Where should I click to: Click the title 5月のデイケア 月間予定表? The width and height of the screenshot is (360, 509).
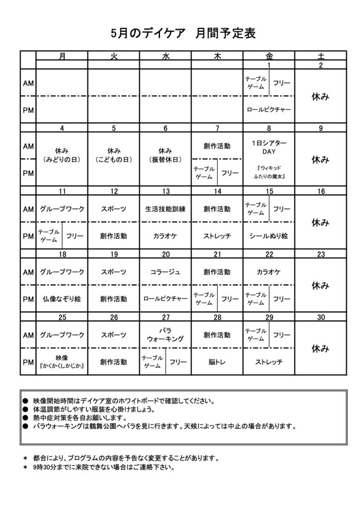[183, 33]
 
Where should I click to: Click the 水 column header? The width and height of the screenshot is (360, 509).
[166, 56]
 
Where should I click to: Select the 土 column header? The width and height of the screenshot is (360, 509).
[321, 56]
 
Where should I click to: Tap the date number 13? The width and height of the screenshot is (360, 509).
[166, 191]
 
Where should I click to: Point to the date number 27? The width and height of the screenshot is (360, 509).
[166, 317]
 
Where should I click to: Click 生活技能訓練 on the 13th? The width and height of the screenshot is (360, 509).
[166, 209]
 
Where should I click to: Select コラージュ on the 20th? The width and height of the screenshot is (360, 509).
[166, 272]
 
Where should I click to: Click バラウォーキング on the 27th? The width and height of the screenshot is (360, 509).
[166, 335]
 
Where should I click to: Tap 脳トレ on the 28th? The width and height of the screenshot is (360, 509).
[217, 362]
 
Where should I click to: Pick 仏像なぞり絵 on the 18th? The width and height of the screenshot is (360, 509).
[62, 299]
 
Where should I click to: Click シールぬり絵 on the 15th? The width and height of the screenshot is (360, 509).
[269, 236]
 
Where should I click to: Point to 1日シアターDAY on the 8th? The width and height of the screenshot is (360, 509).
[269, 147]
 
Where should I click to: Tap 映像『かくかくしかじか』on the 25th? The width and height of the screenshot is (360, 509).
[62, 362]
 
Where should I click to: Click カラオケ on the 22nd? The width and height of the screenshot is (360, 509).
[269, 272]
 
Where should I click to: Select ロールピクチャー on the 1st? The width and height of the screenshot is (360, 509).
[269, 109]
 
